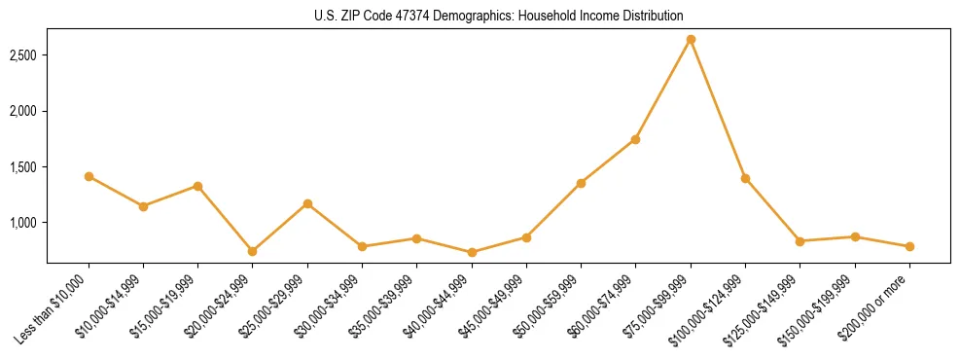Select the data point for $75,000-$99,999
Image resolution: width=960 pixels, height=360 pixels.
(x=691, y=40)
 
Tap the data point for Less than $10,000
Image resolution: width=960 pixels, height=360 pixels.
(x=89, y=176)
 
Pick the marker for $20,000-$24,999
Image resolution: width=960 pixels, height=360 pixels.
(x=253, y=251)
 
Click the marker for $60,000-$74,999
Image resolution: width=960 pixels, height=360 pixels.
(x=635, y=139)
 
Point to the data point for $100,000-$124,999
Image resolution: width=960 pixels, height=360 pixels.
(x=745, y=178)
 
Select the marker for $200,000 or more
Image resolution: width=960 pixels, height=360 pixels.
(x=909, y=246)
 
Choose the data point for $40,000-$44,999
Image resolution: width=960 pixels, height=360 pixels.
(x=472, y=252)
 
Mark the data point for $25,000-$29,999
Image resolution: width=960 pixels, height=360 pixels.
(x=307, y=203)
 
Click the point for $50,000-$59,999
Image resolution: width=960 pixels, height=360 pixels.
(x=581, y=183)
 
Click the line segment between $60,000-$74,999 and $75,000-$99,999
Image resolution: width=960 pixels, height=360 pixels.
(x=663, y=90)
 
